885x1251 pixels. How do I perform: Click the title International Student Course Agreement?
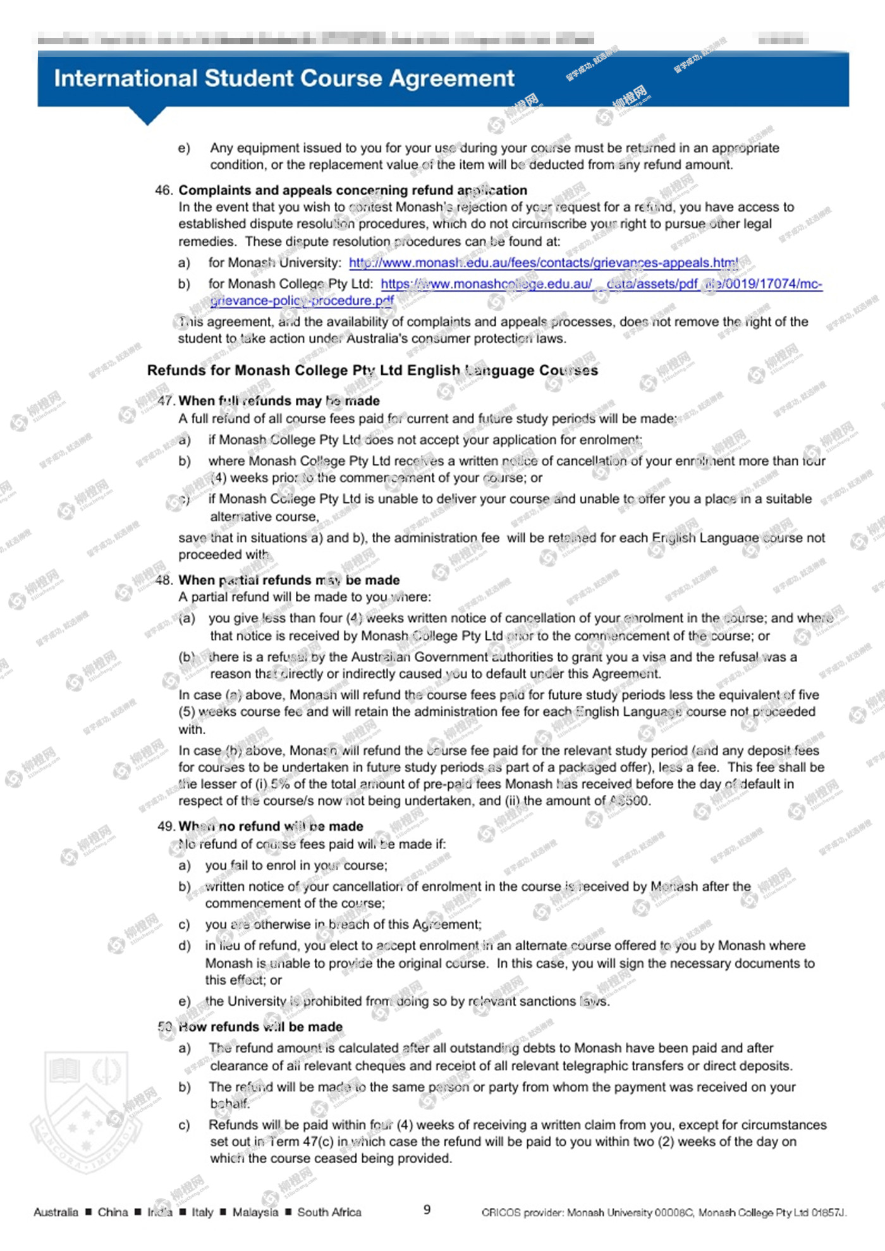pyautogui.click(x=284, y=78)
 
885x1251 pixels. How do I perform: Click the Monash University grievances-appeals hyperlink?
pyautogui.click(x=543, y=263)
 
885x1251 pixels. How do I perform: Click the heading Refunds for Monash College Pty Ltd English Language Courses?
pyautogui.click(x=372, y=370)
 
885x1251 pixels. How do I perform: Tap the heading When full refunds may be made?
pyautogui.click(x=279, y=401)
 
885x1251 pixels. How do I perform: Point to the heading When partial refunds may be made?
pyautogui.click(x=289, y=580)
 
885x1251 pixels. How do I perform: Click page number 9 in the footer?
pyautogui.click(x=427, y=1209)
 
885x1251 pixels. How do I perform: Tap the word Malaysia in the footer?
pyautogui.click(x=255, y=1212)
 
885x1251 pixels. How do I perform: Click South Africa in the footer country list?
pyautogui.click(x=329, y=1212)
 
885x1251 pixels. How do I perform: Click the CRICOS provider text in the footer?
pyautogui.click(x=664, y=1212)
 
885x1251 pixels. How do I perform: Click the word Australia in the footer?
pyautogui.click(x=56, y=1212)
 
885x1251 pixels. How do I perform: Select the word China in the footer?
pyautogui.click(x=113, y=1212)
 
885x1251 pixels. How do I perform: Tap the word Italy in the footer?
pyautogui.click(x=202, y=1212)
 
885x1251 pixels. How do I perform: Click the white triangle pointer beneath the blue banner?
pyautogui.click(x=147, y=115)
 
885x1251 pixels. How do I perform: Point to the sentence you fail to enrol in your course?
pyautogui.click(x=296, y=866)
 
